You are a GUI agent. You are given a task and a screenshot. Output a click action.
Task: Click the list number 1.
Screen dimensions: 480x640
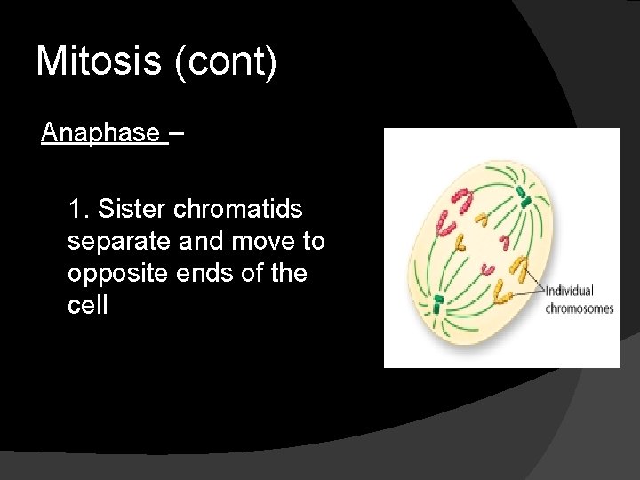point(77,210)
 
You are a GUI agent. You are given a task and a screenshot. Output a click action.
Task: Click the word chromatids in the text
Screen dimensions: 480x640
point(238,210)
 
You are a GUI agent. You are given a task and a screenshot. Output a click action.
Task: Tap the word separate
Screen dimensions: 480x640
point(119,242)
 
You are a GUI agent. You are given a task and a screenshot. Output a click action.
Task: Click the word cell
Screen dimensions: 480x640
point(87,306)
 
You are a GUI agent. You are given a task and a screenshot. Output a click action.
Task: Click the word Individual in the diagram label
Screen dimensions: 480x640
point(569,292)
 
